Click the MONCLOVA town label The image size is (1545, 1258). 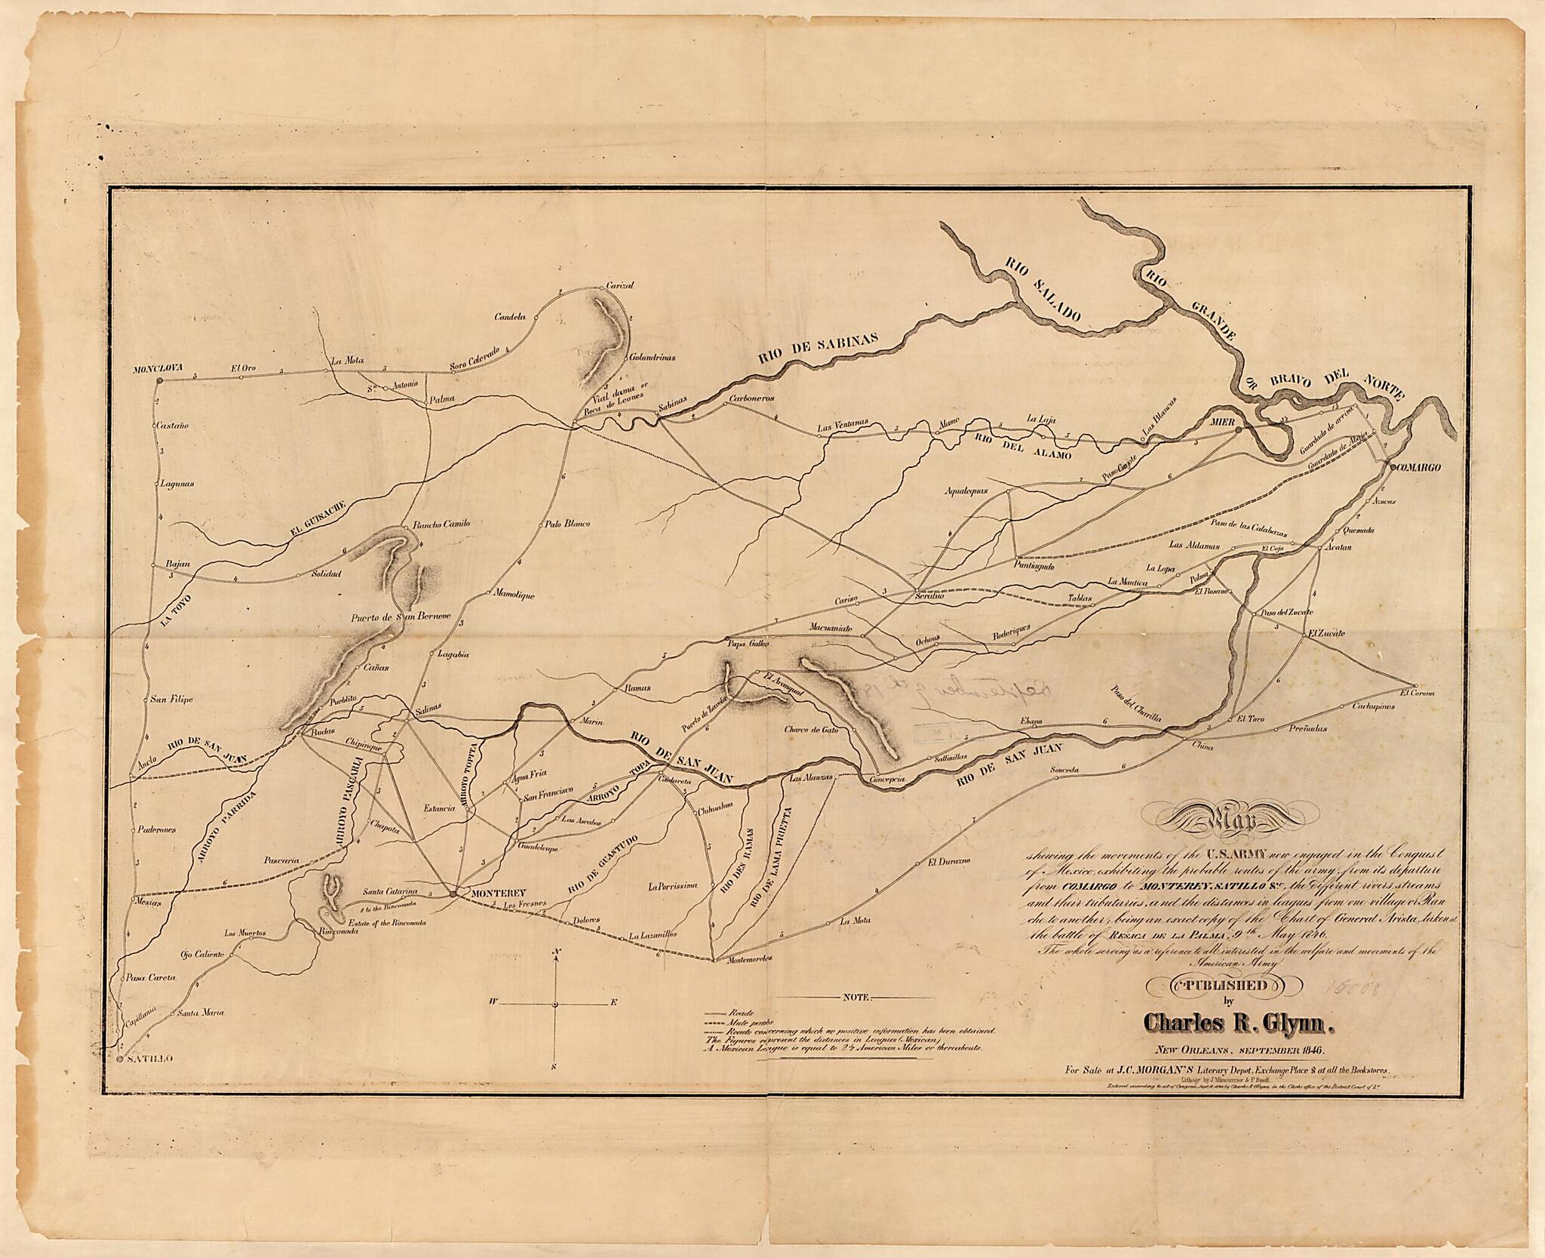[x=154, y=370]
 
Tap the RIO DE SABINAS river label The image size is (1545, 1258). [x=818, y=351]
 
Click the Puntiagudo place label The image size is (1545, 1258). [x=1034, y=566]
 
